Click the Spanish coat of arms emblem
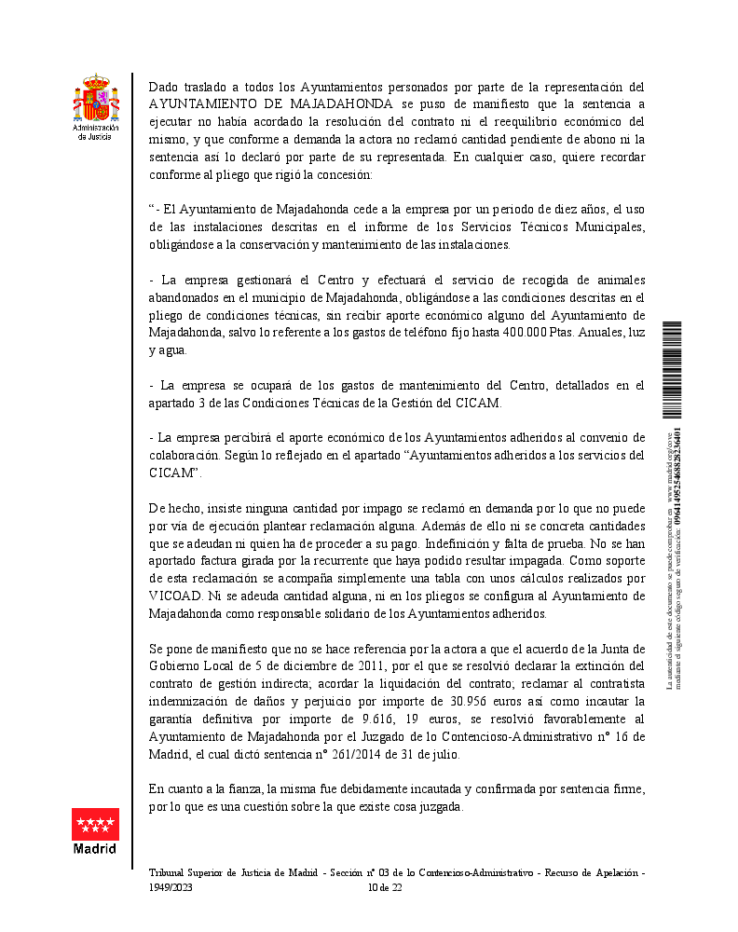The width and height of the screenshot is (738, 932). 96,101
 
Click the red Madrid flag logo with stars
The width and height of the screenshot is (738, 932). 95,824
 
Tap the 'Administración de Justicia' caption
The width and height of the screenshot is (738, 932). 96,131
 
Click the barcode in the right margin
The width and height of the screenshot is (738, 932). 672,371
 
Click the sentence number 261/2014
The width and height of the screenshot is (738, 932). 373,753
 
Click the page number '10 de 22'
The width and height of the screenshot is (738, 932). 385,887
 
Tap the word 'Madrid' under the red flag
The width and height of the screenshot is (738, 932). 95,848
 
